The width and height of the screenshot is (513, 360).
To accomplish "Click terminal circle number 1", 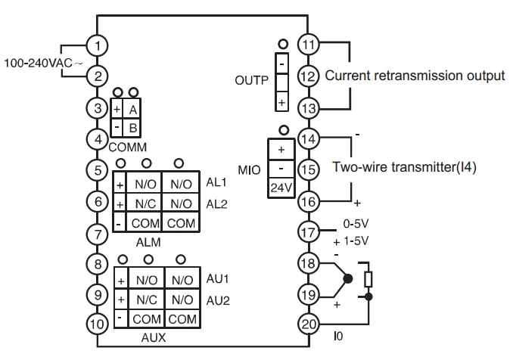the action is tap(97, 45).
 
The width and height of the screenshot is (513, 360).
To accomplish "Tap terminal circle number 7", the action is tap(97, 234).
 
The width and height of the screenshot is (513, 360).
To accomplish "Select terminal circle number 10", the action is tap(97, 324).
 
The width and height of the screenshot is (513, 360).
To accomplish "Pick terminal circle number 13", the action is tap(308, 108).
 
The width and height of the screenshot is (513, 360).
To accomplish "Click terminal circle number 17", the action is tap(308, 232).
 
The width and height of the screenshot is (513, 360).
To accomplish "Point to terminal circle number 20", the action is tap(308, 324).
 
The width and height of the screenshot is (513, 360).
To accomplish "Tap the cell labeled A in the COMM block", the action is tap(132, 109).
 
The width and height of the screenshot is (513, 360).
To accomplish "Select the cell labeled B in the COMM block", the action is tap(132, 128).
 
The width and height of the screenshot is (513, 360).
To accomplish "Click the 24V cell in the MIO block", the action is tap(281, 188).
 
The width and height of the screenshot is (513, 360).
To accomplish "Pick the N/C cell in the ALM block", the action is tap(145, 203).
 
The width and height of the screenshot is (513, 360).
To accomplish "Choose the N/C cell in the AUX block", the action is tap(147, 299).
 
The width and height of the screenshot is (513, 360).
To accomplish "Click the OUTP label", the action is tap(251, 80).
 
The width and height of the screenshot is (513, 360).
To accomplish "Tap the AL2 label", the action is tap(216, 204).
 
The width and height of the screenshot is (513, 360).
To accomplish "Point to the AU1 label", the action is tap(218, 278).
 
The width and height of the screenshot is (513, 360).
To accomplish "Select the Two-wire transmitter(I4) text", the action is tap(404, 166).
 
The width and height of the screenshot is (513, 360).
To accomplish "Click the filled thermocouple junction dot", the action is tap(348, 279).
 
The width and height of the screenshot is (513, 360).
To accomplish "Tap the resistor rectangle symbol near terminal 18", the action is tap(368, 279).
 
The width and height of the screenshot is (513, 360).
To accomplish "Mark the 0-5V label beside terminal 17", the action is tap(356, 224).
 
